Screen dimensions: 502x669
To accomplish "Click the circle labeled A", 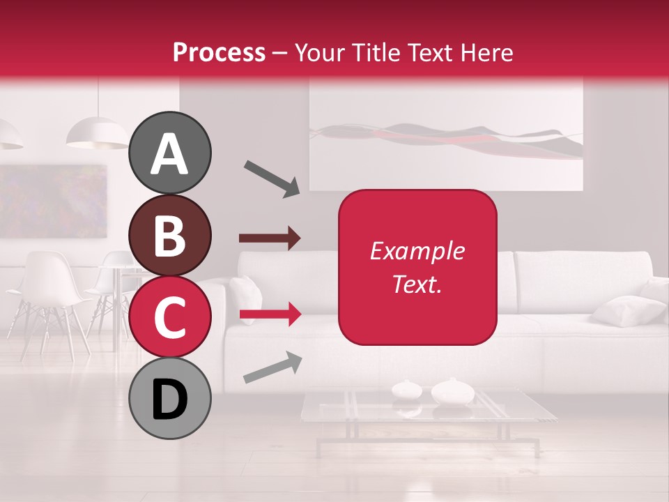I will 170,153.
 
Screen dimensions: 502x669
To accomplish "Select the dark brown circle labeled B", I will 170,235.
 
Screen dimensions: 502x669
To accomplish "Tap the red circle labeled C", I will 170,317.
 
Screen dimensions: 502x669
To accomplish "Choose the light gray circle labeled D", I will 170,398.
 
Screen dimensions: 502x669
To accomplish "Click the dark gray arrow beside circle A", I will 272,178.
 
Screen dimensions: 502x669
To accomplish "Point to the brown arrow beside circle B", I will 270,238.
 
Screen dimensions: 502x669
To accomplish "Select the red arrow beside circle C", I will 270,315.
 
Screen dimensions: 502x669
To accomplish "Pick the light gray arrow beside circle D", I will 272,367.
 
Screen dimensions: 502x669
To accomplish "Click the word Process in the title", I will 219,52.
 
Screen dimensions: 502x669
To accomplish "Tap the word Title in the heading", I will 377,52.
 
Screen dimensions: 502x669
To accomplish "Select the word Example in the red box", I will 417,251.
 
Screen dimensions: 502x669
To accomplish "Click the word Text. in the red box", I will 417,284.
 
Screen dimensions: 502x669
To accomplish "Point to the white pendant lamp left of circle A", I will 97,132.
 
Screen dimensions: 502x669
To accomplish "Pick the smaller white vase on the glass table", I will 405,389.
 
